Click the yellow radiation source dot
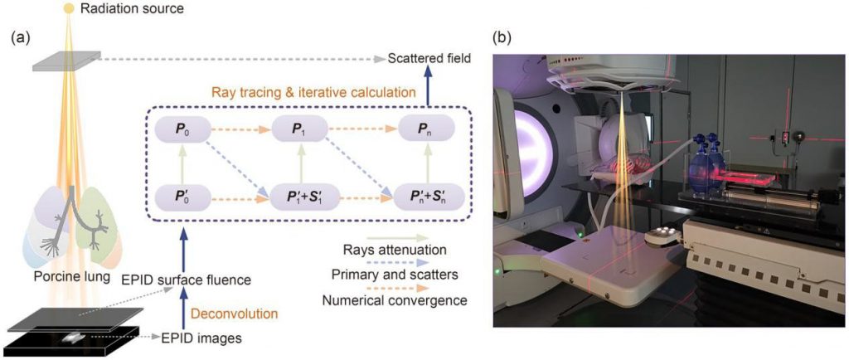click(x=68, y=8)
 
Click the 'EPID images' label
click(x=200, y=339)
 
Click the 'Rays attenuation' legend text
click(x=394, y=250)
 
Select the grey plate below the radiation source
click(x=66, y=61)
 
